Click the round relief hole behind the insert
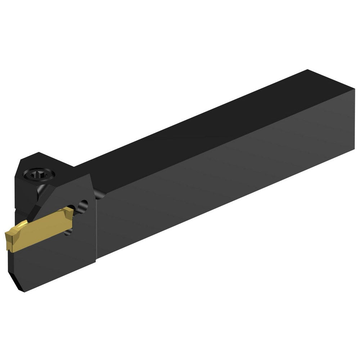[84, 206]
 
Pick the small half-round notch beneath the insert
[68, 234]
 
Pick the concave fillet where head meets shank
[99, 194]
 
